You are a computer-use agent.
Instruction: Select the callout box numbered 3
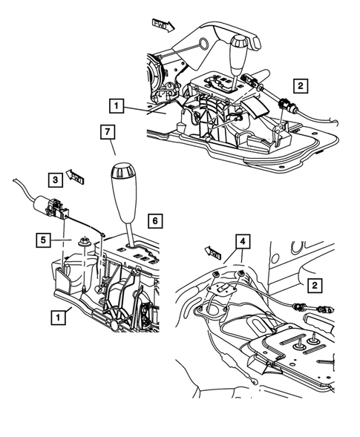[x=55, y=179]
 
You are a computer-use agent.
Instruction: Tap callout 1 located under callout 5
[x=56, y=316]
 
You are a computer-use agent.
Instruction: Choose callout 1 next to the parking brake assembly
[x=117, y=105]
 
